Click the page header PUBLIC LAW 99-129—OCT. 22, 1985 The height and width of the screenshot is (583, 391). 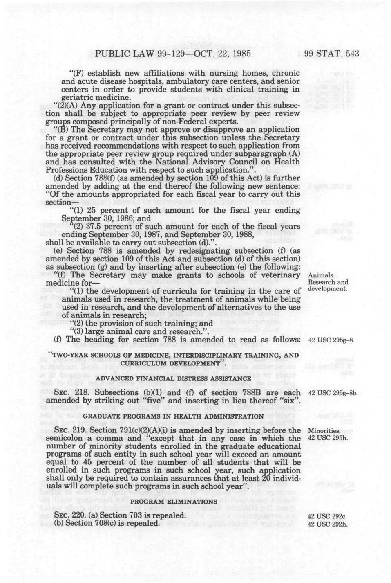172,54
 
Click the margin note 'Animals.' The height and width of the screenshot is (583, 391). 321,275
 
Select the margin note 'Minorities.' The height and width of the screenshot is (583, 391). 324,431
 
